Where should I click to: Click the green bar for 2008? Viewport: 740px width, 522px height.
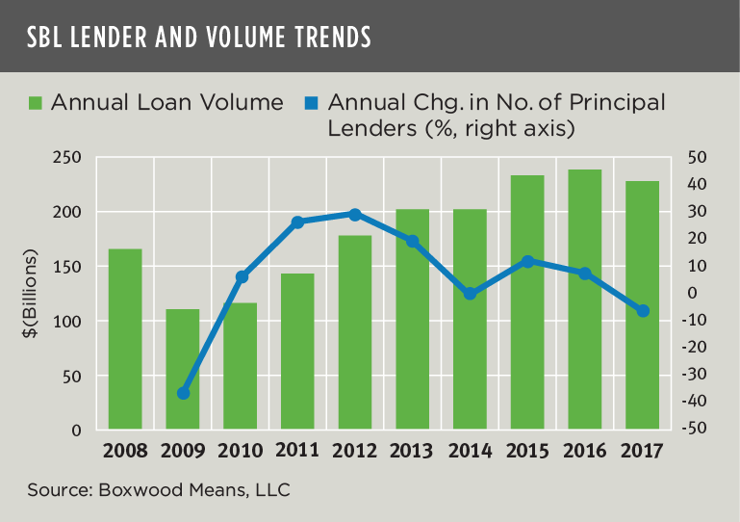tap(125, 339)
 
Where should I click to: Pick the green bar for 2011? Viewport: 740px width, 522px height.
tap(297, 352)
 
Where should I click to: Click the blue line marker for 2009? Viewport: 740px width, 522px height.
tap(183, 393)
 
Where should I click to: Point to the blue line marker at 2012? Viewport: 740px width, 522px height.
tap(355, 215)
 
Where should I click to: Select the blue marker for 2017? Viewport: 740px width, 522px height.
tap(643, 310)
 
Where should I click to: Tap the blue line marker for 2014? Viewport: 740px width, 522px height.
tap(470, 294)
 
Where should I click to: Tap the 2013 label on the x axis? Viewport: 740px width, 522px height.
tap(413, 451)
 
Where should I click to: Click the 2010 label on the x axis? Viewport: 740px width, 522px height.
tap(241, 451)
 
